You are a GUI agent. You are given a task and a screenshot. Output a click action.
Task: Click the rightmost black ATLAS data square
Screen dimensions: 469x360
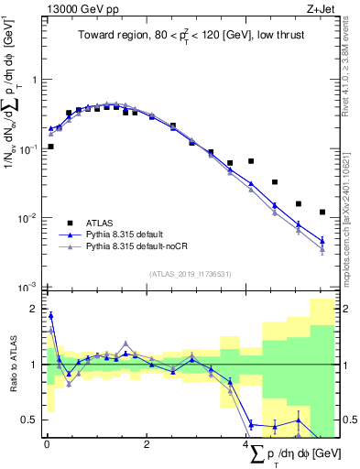pyautogui.click(x=322, y=212)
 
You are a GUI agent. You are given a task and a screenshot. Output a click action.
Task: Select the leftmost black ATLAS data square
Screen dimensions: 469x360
pyautogui.click(x=50, y=147)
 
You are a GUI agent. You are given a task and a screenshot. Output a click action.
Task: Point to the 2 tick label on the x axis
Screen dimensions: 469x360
pyautogui.click(x=147, y=445)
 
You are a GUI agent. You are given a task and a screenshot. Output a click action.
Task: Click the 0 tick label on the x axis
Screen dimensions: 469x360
pyautogui.click(x=47, y=445)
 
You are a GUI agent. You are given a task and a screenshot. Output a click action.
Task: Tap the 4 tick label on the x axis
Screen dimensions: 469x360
pyautogui.click(x=246, y=445)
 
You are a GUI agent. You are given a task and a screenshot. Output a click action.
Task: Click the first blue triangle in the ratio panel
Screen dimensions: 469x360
pyautogui.click(x=50, y=315)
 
